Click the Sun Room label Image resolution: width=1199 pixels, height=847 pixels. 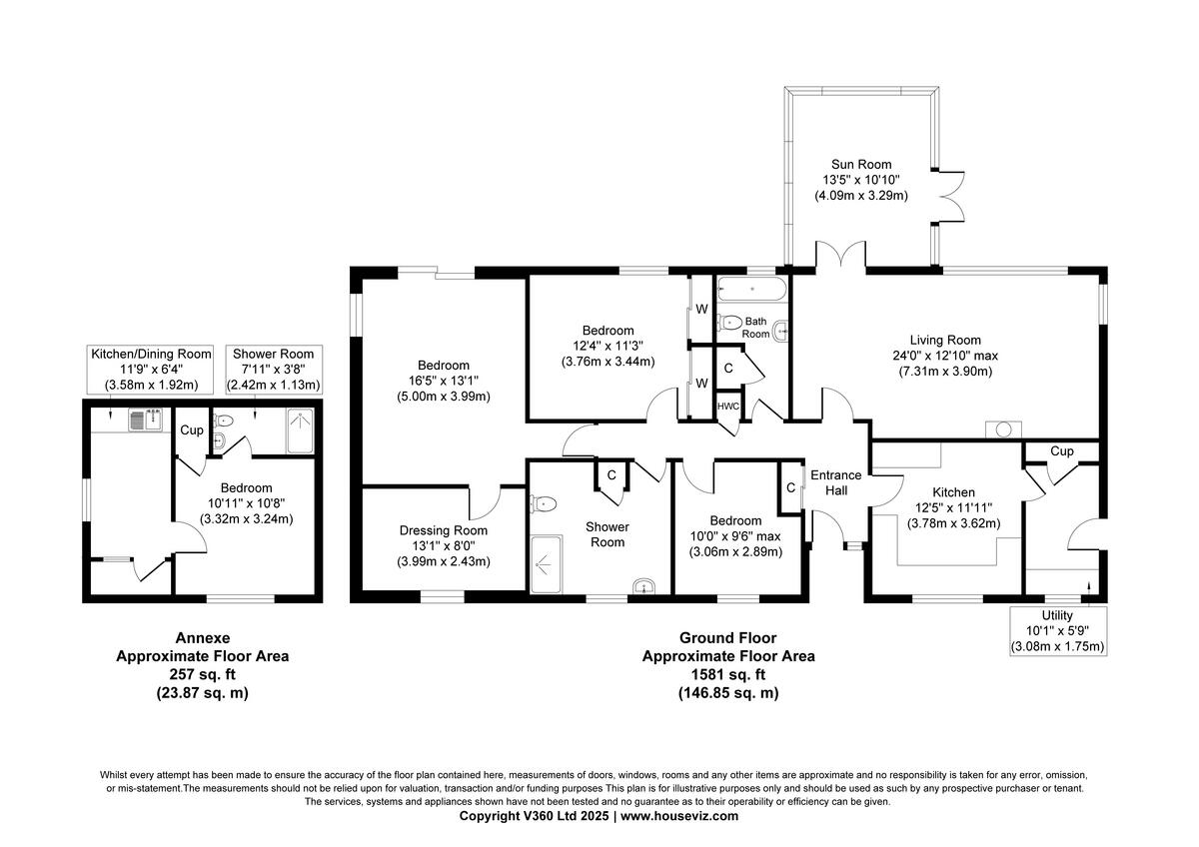(x=860, y=165)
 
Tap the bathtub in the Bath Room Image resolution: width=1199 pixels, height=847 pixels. (x=753, y=290)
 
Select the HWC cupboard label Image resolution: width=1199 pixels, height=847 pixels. (x=727, y=407)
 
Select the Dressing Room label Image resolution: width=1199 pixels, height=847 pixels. (x=444, y=530)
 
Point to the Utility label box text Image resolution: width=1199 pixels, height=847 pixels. (x=1056, y=615)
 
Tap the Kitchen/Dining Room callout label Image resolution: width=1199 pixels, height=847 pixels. (x=151, y=355)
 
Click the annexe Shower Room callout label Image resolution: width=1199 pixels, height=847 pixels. (x=273, y=355)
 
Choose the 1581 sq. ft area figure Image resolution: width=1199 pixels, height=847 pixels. (x=727, y=674)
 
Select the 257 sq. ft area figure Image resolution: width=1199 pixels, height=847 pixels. (x=203, y=674)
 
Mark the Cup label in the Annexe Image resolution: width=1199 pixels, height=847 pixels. (x=191, y=430)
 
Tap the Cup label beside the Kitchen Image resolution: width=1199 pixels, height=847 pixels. (x=1061, y=451)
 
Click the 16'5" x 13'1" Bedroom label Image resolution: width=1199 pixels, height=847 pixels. (x=444, y=366)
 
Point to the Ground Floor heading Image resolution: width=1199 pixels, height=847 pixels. (x=727, y=637)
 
